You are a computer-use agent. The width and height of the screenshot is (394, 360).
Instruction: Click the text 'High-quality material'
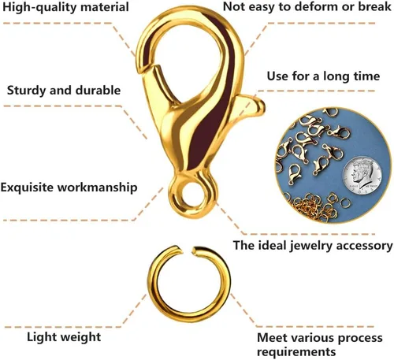[x=65, y=7]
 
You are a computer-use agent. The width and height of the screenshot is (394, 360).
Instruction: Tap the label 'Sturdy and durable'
[x=64, y=91]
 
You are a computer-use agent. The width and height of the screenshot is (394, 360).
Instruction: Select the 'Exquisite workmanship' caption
[x=69, y=187]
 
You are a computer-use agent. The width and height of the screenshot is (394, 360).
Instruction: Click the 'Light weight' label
[x=64, y=337]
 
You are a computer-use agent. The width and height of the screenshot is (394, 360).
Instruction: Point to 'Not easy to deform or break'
[x=307, y=6]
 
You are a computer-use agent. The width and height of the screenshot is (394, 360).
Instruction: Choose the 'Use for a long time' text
[x=323, y=76]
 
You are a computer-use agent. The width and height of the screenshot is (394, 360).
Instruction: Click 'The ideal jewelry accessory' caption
[x=313, y=246]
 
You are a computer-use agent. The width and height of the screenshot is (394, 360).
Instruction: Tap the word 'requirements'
[x=296, y=352]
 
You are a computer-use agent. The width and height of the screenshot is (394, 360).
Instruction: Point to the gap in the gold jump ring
[x=188, y=251]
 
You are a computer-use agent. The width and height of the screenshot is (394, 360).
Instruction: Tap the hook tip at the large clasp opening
[x=143, y=69]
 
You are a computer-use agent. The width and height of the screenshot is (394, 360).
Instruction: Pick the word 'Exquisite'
[x=27, y=187]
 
